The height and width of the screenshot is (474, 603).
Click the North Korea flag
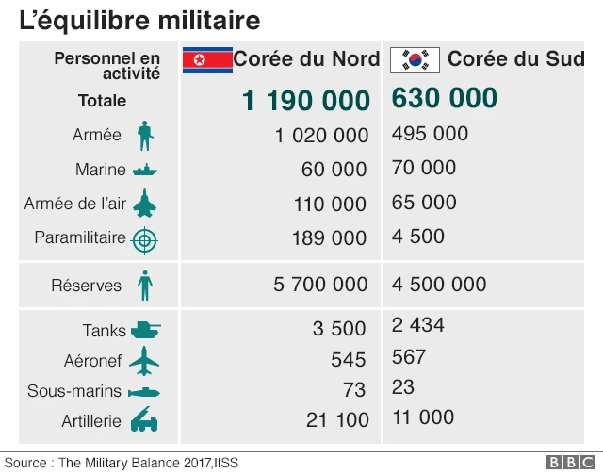click(x=206, y=59)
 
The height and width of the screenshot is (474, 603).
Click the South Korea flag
click(x=415, y=59)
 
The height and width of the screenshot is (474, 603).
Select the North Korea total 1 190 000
click(x=305, y=101)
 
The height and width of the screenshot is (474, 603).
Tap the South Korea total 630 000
click(x=444, y=98)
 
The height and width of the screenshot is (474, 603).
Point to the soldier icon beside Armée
click(x=144, y=135)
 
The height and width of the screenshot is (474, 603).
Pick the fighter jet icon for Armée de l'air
click(x=144, y=204)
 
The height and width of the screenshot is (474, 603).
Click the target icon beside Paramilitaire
click(x=144, y=239)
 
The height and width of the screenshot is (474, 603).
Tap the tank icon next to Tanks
click(x=145, y=330)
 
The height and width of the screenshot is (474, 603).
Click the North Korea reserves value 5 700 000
click(x=320, y=285)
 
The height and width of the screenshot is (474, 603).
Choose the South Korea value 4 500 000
click(x=439, y=285)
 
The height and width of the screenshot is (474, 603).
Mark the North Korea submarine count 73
click(x=353, y=390)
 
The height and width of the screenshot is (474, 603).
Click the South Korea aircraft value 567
click(x=409, y=357)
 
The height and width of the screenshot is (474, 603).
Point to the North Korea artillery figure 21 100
click(x=336, y=420)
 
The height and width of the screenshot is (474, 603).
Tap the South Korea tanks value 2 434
click(x=418, y=326)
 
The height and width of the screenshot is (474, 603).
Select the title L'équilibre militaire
click(x=139, y=19)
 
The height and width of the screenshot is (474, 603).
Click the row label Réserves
click(x=87, y=285)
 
